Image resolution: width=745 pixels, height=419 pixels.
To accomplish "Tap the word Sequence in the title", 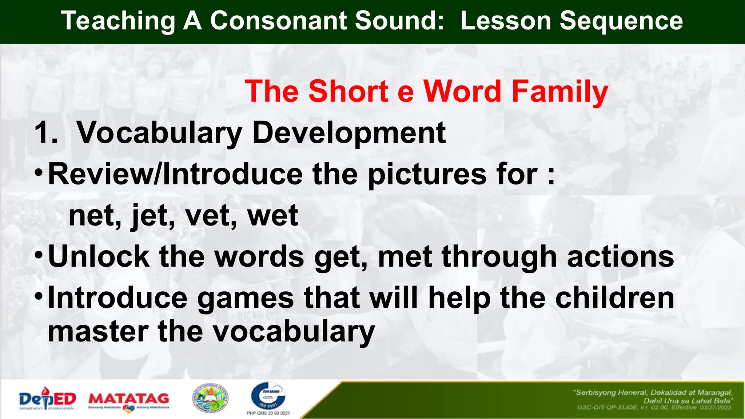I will (621, 21).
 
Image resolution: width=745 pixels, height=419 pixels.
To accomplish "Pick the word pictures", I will (427, 175).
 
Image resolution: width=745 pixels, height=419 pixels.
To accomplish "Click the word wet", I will (272, 216).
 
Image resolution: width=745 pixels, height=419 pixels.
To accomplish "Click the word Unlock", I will (99, 257).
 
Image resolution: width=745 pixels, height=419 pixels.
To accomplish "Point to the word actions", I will (620, 257).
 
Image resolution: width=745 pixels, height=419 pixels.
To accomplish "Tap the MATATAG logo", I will (129, 400).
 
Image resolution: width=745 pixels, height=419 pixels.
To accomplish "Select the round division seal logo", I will (210, 399).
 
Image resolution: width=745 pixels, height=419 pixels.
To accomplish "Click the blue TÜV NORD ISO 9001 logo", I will (268, 397).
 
